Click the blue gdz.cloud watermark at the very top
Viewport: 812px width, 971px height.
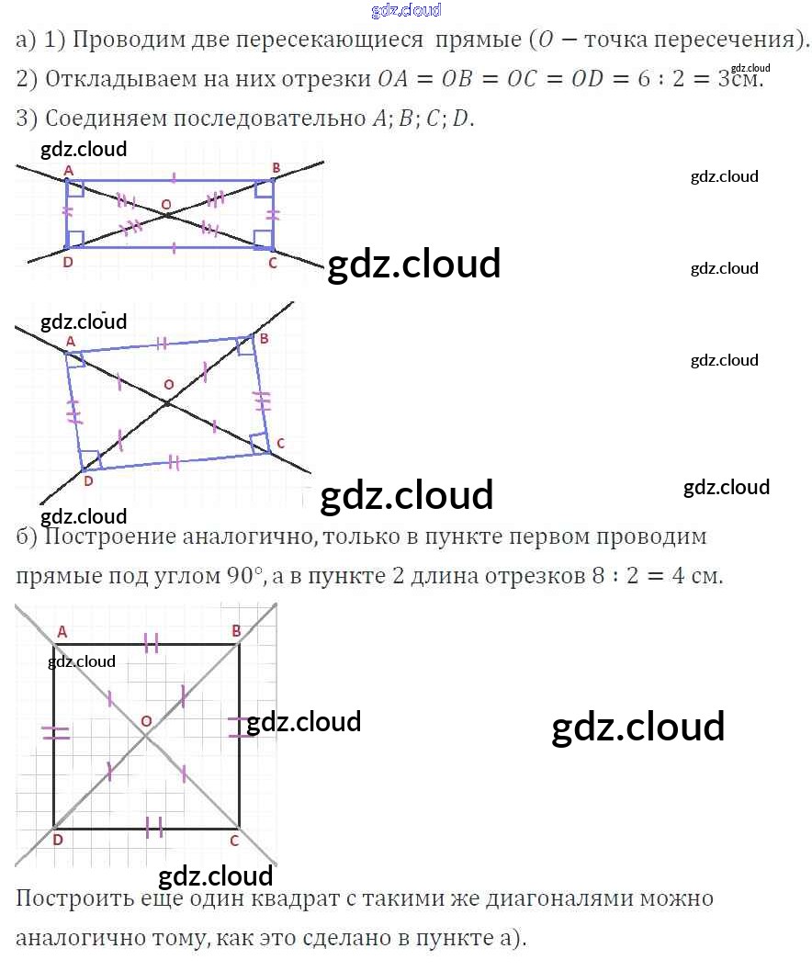pos(406,10)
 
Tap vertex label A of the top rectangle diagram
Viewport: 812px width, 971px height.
pos(68,171)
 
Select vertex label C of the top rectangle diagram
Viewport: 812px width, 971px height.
pos(272,263)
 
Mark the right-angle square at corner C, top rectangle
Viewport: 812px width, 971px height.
pos(265,240)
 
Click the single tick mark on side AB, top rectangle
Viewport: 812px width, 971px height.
pos(175,175)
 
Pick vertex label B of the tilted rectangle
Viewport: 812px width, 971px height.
pos(265,339)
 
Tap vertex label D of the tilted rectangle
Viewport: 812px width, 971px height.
pos(88,480)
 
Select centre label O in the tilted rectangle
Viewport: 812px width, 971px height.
pos(167,383)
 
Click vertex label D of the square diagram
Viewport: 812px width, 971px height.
pos(57,840)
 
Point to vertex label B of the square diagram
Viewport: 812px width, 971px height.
pos(236,630)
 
